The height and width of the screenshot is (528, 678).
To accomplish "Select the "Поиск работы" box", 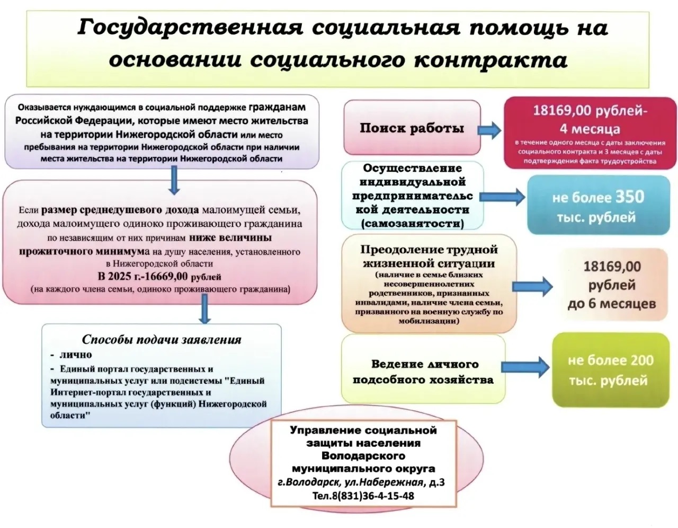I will tap(412, 128).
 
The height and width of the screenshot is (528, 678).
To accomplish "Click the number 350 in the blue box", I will tap(629, 197).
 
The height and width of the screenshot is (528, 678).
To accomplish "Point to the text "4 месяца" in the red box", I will tap(590, 128).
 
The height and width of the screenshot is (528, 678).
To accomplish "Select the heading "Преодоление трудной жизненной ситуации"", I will tap(429, 256).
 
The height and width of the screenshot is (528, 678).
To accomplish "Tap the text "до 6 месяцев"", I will tap(611, 304).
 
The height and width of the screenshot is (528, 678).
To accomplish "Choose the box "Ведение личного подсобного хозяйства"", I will tap(423, 372).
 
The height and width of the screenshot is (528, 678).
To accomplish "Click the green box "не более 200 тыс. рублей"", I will tap(610, 370).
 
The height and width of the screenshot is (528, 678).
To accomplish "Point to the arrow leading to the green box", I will tap(525, 366).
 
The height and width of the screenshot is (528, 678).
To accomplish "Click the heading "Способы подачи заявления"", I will tap(161, 340).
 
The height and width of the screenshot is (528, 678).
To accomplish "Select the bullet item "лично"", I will tap(76, 355).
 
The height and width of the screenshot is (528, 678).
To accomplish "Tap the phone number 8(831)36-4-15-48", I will tap(363, 496).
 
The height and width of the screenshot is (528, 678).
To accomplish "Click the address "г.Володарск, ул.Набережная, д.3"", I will tap(361, 482).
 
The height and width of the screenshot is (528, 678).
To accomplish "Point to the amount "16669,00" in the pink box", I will tap(165, 276).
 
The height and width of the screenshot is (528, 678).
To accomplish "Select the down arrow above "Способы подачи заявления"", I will tap(205, 310).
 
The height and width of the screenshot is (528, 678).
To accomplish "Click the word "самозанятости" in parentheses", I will tap(412, 224).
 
